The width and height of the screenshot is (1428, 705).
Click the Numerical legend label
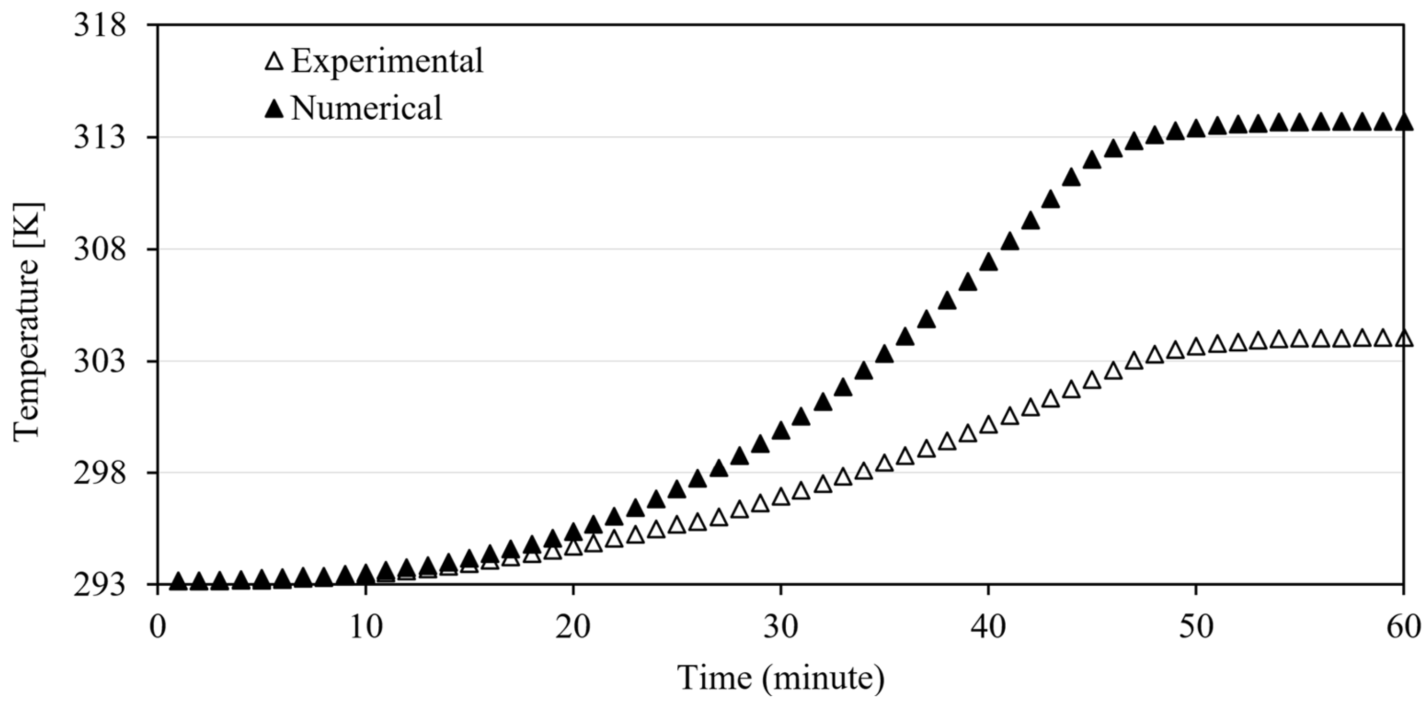tap(366, 107)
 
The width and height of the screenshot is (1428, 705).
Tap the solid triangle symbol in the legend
tap(274, 109)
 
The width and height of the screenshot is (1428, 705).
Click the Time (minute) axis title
tap(780, 677)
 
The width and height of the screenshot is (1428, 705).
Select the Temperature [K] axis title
tap(28, 321)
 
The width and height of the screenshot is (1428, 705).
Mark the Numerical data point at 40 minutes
tap(988, 262)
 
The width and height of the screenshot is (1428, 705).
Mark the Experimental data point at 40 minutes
tap(988, 425)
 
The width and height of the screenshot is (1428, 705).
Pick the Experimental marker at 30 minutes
tap(781, 496)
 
